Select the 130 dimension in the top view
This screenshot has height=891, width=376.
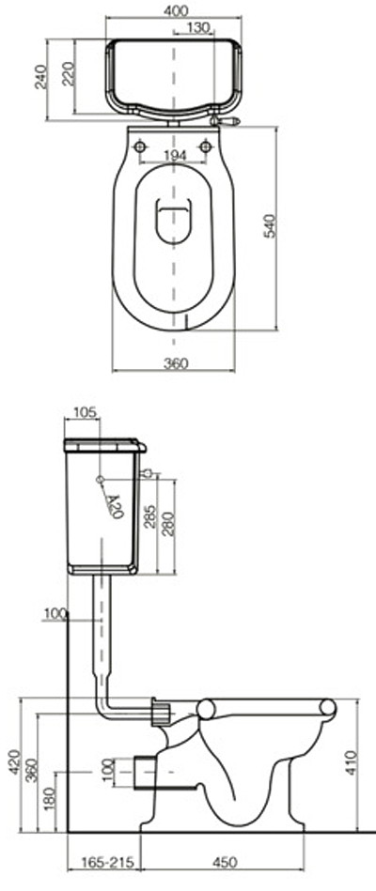coord(198,27)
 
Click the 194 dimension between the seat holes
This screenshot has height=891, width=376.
coord(175,156)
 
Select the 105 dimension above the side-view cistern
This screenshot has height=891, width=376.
coord(86,412)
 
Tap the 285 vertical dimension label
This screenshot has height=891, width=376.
coord(149,515)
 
